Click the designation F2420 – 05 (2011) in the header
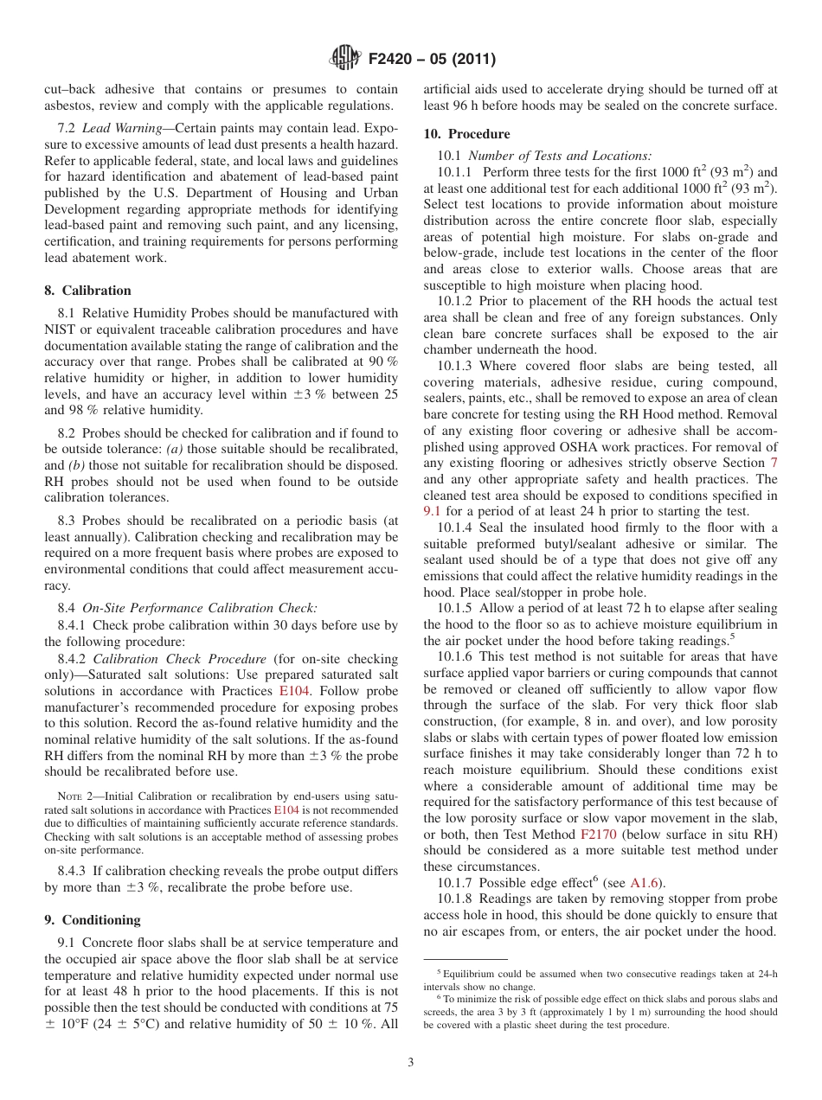click(x=432, y=60)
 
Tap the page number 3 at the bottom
click(x=411, y=1062)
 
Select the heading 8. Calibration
click(x=87, y=291)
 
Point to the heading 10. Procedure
click(x=466, y=134)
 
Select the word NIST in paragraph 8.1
click(x=61, y=329)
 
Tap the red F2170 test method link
click(x=597, y=835)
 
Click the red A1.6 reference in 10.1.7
click(x=645, y=883)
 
